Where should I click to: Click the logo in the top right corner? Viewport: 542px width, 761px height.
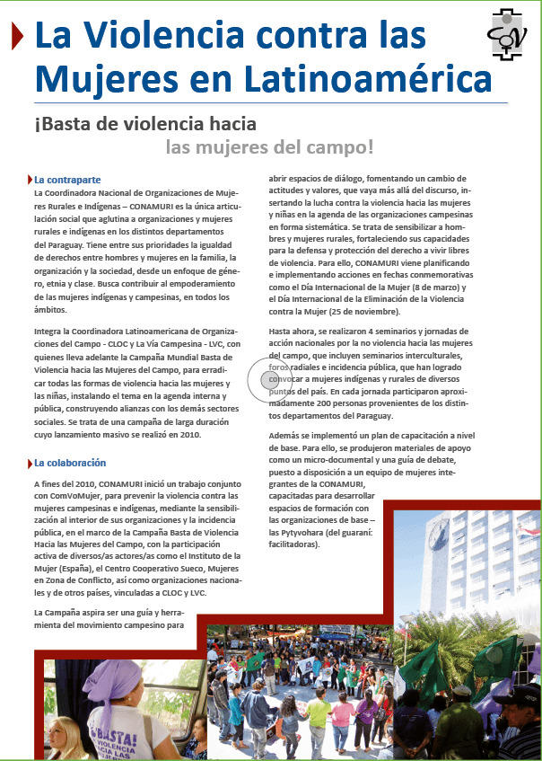pos(508,35)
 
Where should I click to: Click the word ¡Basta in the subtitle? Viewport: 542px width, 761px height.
pos(60,123)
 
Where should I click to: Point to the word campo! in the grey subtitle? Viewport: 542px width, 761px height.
pos(340,146)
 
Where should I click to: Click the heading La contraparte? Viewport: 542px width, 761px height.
pos(66,180)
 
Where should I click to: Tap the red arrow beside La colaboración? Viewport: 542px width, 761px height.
pos(28,463)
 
